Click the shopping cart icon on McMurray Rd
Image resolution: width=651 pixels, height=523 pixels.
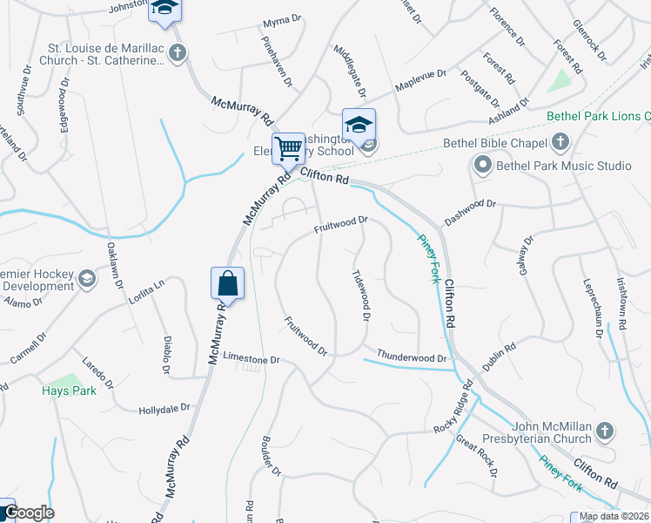click(x=288, y=146)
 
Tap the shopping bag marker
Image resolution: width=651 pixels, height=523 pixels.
click(x=227, y=282)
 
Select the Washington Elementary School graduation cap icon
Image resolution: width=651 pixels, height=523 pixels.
click(x=359, y=123)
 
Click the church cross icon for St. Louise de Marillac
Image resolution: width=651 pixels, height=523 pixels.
click(x=177, y=53)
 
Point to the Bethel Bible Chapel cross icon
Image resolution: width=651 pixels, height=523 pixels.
click(x=560, y=142)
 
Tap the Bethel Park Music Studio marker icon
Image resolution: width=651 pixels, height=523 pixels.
click(x=481, y=164)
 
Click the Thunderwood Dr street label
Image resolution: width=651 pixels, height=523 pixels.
click(x=411, y=357)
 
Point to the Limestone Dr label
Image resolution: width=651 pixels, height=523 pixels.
click(x=251, y=359)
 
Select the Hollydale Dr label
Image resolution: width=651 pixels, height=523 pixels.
click(x=164, y=408)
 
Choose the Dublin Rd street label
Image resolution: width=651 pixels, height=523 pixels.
click(x=500, y=356)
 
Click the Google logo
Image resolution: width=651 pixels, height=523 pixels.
click(x=28, y=513)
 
